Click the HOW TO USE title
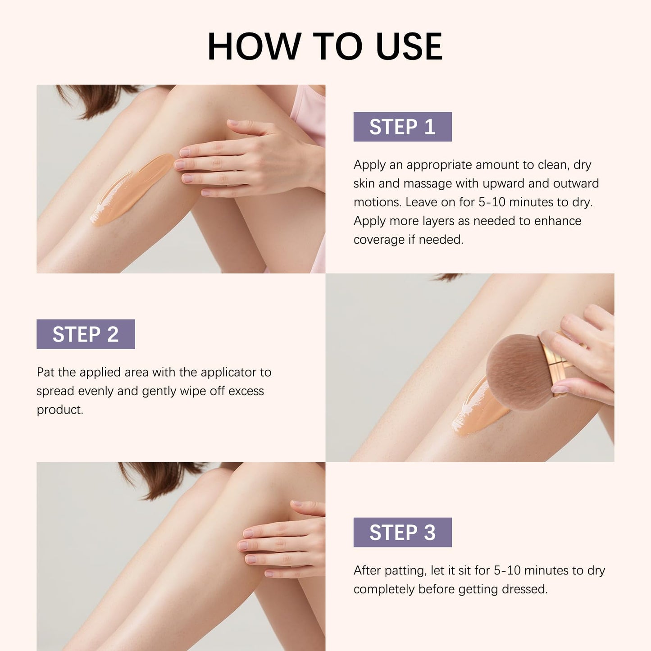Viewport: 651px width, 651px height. click(325, 47)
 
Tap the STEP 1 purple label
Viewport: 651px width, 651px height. click(402, 127)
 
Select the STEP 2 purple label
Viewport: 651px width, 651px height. click(86, 334)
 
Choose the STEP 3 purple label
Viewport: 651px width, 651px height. click(402, 533)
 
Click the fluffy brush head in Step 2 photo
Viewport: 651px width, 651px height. click(518, 372)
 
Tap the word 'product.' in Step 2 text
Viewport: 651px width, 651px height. click(60, 410)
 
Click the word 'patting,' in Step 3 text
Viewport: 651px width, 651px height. click(405, 571)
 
